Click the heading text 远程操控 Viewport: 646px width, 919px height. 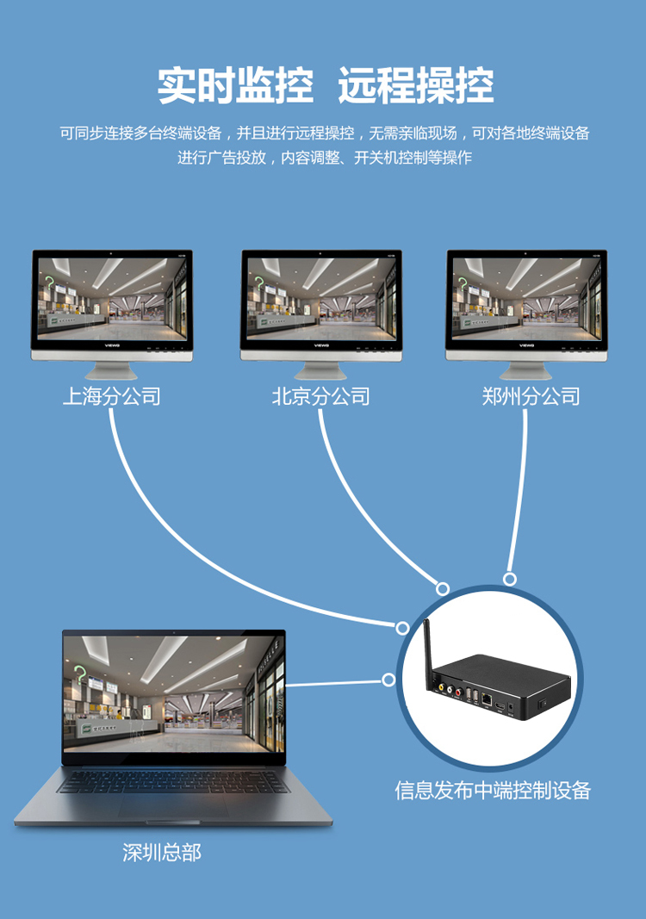416,86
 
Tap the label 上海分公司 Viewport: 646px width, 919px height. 112,396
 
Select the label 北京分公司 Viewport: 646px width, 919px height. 320,396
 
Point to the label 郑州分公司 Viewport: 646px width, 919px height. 531,396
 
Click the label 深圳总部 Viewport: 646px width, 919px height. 162,853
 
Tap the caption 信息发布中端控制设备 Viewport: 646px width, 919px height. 493,791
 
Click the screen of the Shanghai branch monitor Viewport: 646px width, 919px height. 112,296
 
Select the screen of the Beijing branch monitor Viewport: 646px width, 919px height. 320,296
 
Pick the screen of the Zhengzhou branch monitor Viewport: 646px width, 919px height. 526,296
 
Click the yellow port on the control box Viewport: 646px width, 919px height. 441,688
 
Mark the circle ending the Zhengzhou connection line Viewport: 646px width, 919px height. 510,579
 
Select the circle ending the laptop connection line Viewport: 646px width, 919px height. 388,680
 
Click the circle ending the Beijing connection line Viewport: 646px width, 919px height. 443,589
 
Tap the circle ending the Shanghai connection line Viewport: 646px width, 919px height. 402,628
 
